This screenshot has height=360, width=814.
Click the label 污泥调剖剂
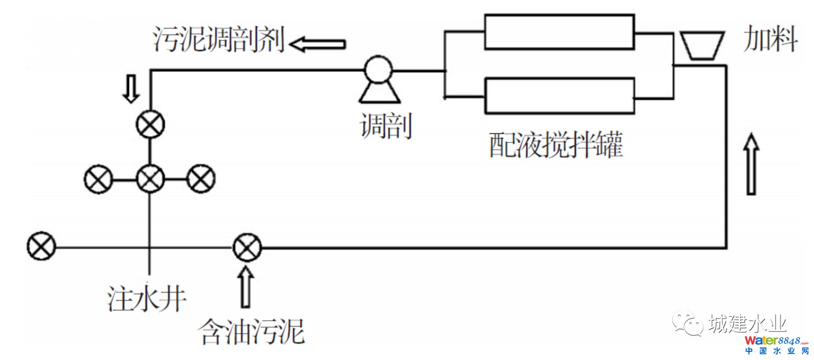(218, 42)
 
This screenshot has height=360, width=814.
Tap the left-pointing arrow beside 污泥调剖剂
(317, 43)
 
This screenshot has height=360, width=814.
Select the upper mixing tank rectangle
(559, 32)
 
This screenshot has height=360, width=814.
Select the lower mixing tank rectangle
(559, 96)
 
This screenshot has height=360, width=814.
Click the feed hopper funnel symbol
(701, 45)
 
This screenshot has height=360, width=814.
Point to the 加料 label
(770, 39)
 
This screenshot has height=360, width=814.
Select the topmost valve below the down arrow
(150, 126)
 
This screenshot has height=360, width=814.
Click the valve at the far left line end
(42, 247)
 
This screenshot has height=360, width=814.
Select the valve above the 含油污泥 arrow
(247, 248)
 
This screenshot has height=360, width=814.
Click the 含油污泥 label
(252, 331)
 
